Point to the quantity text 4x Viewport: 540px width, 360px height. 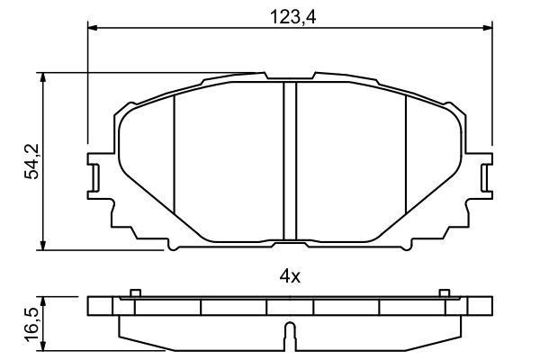(289, 277)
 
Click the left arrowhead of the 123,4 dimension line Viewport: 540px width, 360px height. (93, 27)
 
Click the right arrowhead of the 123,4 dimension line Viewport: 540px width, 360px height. (487, 27)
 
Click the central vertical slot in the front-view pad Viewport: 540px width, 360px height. (290, 162)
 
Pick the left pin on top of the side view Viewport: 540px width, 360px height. (134, 292)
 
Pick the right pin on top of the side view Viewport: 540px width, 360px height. (443, 292)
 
